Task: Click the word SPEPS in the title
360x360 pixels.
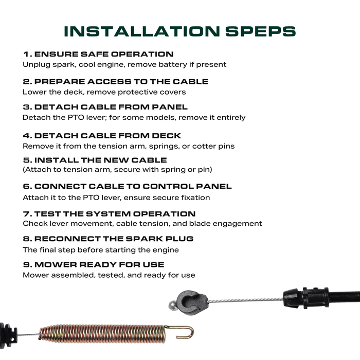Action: tap(261, 31)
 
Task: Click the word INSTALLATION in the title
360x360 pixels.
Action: tap(142, 31)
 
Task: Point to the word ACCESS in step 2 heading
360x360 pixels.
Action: tap(109, 82)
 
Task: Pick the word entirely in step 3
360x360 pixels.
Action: tap(231, 118)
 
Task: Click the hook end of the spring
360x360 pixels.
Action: tap(186, 332)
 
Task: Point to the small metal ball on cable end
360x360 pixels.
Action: tap(173, 305)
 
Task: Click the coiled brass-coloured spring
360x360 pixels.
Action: tap(102, 333)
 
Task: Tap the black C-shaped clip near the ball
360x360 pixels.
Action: tap(192, 303)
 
